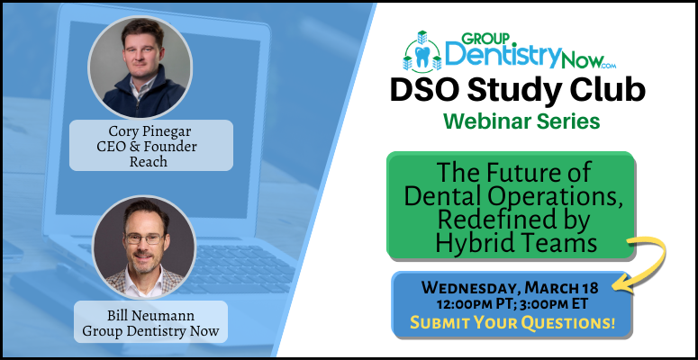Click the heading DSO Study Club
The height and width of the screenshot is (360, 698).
click(x=516, y=92)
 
